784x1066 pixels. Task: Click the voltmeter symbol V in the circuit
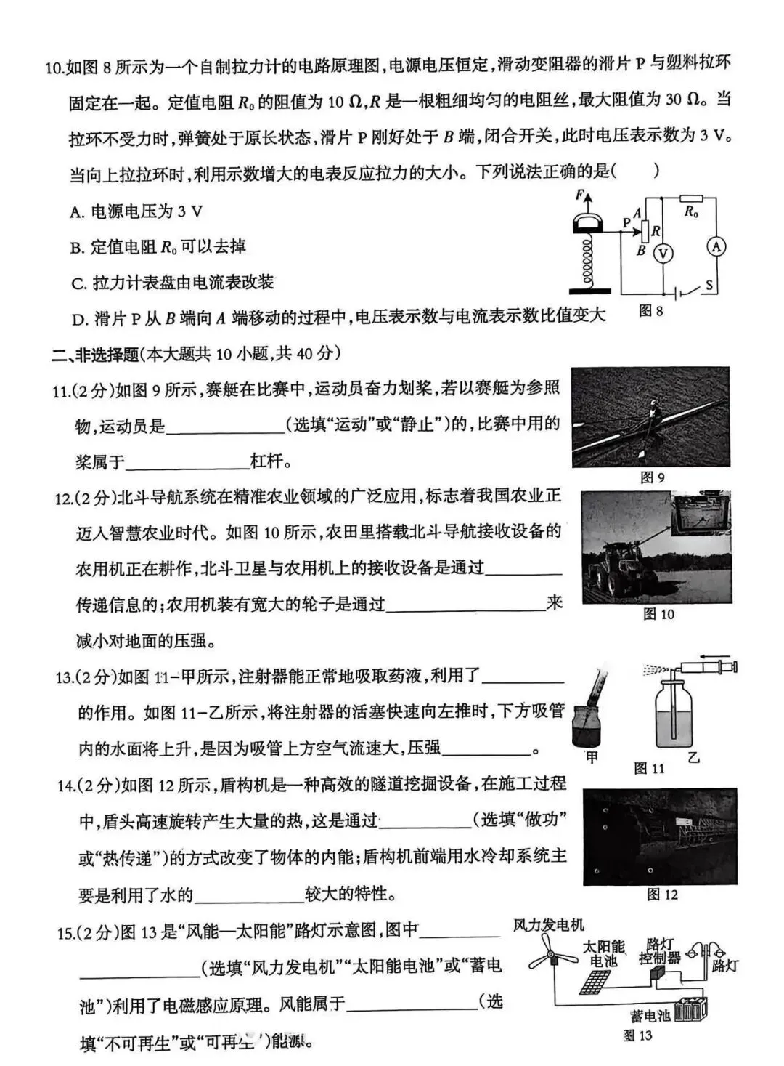pos(662,252)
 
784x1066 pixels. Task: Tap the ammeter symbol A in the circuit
pos(716,247)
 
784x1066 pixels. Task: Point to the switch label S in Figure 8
pos(709,285)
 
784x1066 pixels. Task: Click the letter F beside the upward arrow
pos(579,195)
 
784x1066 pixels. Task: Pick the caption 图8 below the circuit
pos(650,311)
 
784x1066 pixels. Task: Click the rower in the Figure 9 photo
pos(653,418)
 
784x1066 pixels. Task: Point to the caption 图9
pos(652,477)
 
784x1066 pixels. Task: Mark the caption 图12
pos(661,895)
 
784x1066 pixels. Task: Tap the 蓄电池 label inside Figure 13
pos(650,1015)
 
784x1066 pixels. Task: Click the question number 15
pos(65,932)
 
